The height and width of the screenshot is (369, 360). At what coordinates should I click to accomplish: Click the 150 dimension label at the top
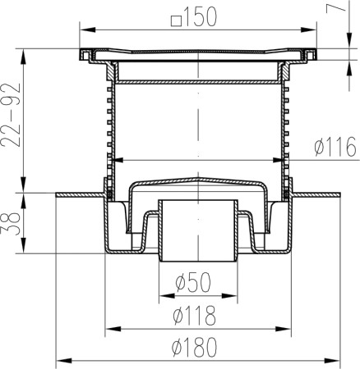click(201, 17)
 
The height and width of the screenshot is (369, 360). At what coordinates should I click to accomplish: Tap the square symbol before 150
click(177, 21)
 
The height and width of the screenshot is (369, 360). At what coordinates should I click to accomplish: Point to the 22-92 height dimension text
click(12, 115)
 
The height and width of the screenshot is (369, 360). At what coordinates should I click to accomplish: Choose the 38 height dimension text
click(12, 224)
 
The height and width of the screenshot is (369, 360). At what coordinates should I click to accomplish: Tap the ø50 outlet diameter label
click(193, 282)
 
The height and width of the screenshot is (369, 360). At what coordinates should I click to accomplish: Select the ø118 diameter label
click(195, 315)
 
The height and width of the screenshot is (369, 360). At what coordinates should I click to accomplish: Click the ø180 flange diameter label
click(195, 347)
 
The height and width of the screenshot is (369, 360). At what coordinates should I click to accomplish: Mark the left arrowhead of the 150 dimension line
click(87, 30)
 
